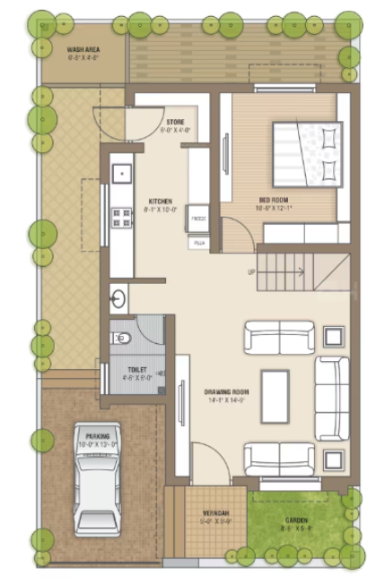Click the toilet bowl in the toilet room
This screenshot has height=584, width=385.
coord(122,338)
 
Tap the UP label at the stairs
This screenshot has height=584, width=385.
coord(250,271)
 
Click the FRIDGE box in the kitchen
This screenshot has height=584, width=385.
coord(198,219)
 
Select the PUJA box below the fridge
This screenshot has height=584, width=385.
coord(198,242)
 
